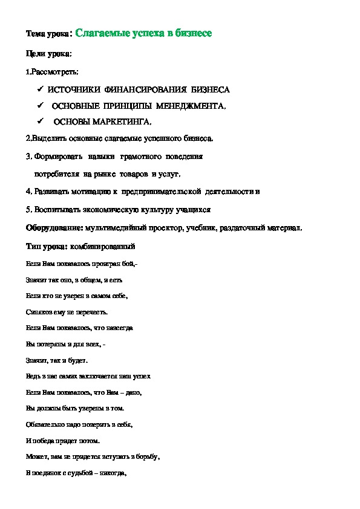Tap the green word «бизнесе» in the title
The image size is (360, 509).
click(x=191, y=33)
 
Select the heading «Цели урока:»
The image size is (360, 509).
click(x=49, y=54)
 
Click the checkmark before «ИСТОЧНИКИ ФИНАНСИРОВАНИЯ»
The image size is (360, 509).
click(x=39, y=89)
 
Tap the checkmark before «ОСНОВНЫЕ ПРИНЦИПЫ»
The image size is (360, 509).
click(x=39, y=106)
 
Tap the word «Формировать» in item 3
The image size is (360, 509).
click(x=54, y=157)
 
